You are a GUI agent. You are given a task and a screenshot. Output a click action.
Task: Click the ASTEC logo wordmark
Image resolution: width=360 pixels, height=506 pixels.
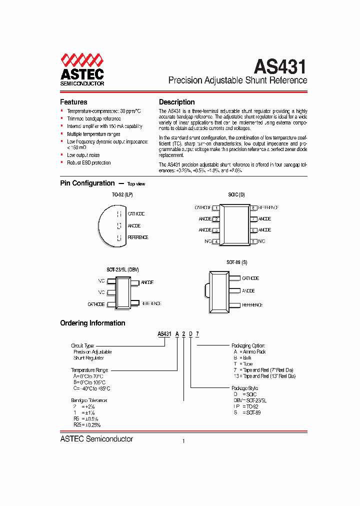point(82,74)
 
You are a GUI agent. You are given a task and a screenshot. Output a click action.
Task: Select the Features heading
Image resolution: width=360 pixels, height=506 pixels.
point(73,102)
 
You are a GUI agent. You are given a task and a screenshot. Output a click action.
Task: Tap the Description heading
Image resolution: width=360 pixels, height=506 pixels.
point(176,102)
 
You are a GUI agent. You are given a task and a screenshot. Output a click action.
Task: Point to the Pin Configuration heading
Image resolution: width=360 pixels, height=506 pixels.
point(87,183)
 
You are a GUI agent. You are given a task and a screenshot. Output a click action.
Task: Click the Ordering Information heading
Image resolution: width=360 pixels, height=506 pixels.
point(92,323)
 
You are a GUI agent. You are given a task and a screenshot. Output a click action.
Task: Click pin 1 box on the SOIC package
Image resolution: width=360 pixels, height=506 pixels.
point(215,207)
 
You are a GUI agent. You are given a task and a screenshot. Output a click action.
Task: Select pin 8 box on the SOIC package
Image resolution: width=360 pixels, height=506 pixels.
point(253,207)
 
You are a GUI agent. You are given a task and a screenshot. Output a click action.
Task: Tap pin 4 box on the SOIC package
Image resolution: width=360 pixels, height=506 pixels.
point(215,241)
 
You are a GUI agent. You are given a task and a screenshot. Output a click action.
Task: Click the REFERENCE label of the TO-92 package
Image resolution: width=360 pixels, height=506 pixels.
point(138,237)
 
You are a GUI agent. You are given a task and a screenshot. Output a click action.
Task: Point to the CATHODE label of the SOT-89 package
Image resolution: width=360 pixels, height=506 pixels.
point(250,278)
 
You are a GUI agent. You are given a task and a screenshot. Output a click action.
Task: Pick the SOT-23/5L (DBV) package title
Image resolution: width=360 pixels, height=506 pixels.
point(122,269)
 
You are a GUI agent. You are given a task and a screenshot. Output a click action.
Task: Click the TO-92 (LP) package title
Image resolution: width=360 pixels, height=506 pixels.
point(122,194)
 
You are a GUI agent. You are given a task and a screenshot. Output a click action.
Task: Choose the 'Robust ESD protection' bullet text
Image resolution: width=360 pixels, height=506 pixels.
point(89,162)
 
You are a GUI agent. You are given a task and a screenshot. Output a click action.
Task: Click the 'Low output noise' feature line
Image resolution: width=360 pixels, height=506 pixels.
point(83,155)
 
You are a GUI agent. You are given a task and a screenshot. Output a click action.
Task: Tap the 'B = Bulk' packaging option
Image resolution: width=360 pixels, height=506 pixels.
point(242,358)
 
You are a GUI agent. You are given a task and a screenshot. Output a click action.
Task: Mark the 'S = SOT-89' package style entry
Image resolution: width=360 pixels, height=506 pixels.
point(247,412)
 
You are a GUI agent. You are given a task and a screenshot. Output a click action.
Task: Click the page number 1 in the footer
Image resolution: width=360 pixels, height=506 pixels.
point(183,441)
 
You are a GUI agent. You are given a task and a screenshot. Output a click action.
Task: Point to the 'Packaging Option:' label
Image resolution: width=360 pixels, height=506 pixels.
point(248,345)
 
